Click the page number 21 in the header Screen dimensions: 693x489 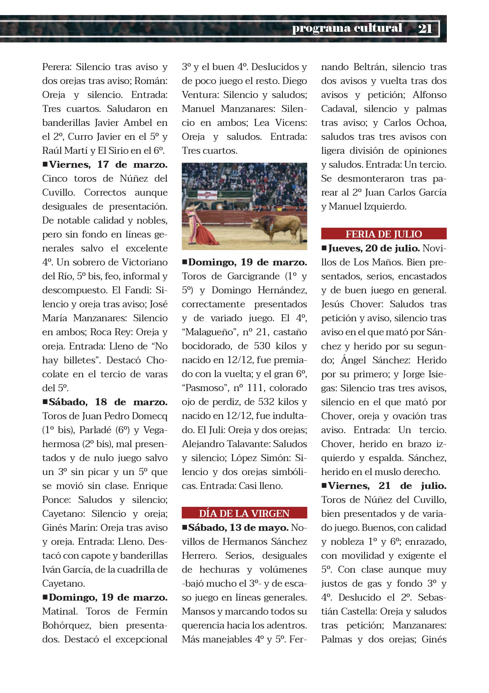425,28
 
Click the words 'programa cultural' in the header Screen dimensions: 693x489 347,28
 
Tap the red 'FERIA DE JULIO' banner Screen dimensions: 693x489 384,234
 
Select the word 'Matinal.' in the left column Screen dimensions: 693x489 60,611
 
